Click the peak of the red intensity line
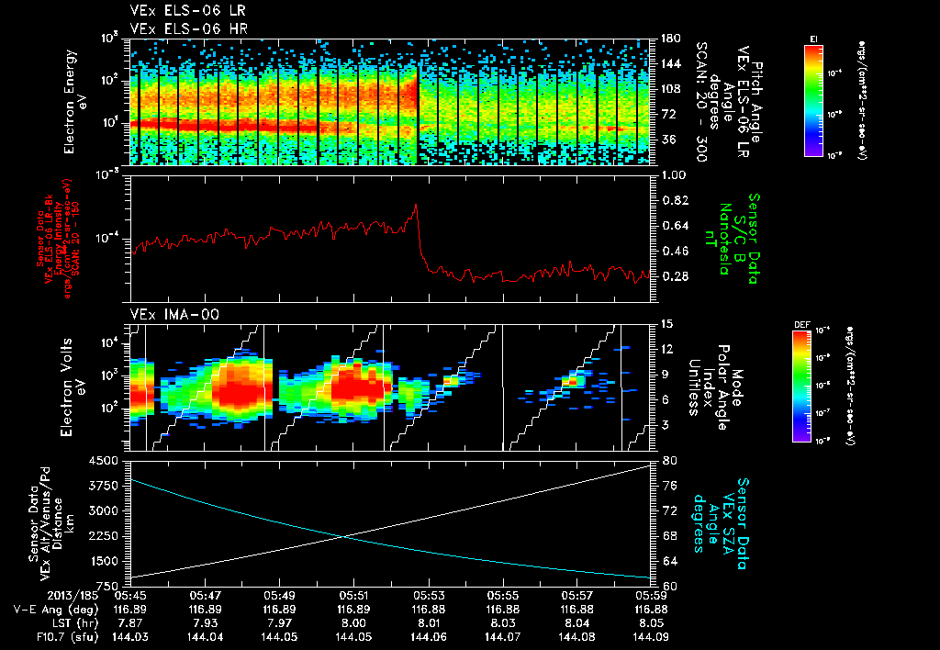click(416, 204)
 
